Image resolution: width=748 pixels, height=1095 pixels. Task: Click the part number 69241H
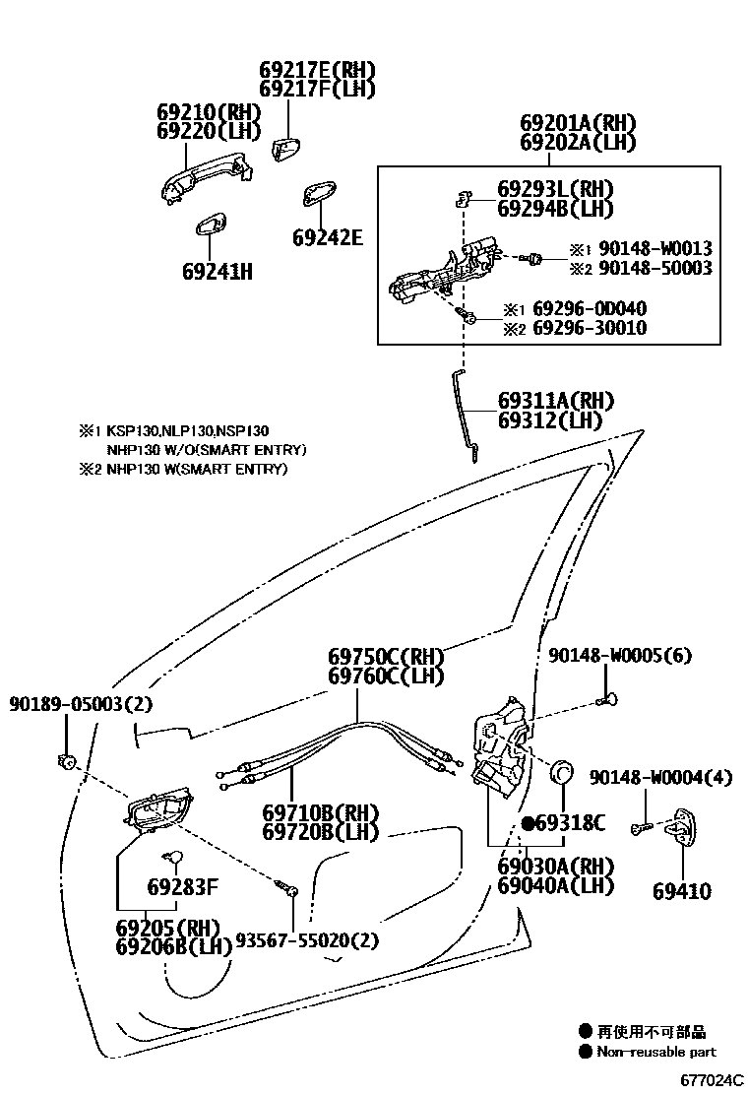click(217, 270)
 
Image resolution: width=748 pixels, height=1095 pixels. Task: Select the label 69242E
click(328, 237)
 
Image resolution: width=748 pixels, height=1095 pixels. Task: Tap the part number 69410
click(682, 892)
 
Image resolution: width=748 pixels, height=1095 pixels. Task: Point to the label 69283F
click(182, 887)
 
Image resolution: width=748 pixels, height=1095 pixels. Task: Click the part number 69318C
click(570, 823)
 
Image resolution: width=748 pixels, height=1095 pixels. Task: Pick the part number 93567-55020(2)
click(306, 940)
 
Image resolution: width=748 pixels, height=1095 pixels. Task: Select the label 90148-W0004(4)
click(661, 778)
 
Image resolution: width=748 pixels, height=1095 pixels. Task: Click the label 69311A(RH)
click(555, 401)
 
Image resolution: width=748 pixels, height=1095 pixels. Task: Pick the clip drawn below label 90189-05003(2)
click(68, 760)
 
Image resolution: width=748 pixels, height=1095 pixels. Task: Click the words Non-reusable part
click(656, 1052)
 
